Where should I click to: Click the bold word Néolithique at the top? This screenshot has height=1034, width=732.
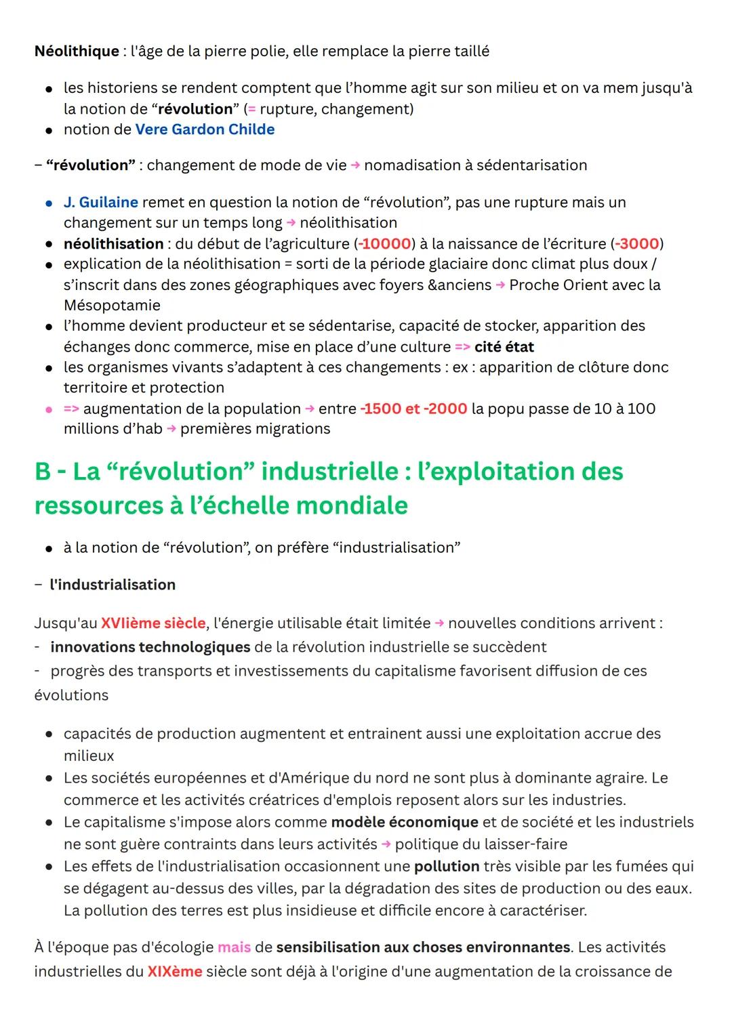click(x=76, y=51)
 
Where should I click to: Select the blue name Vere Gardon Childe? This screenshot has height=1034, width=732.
click(x=205, y=129)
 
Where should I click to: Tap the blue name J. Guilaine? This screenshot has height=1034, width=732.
click(x=101, y=202)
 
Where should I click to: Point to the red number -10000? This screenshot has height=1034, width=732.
click(x=385, y=243)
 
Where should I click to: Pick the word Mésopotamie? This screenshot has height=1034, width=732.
click(x=112, y=305)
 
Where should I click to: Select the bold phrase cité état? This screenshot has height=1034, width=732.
click(x=504, y=347)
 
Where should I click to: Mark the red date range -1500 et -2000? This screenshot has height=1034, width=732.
click(x=413, y=409)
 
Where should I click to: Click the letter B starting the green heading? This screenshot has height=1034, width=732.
click(x=43, y=472)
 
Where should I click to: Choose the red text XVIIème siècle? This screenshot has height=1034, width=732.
click(x=153, y=623)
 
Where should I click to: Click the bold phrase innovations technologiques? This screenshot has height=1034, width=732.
click(x=150, y=647)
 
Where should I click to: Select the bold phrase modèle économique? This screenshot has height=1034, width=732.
click(x=405, y=822)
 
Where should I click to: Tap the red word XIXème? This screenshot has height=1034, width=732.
click(x=175, y=972)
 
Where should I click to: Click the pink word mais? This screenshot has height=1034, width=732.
click(x=234, y=947)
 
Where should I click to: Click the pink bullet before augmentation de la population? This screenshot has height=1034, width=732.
click(x=49, y=409)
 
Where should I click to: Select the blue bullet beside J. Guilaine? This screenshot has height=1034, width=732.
click(x=49, y=203)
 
